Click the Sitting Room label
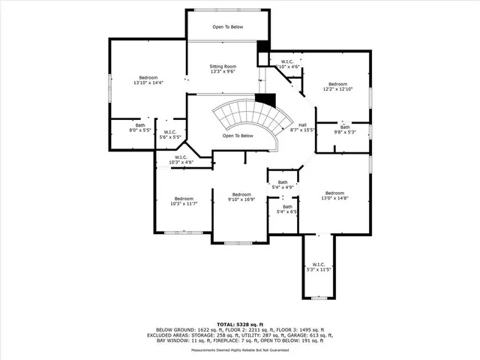[x=223, y=70]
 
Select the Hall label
[x=302, y=128]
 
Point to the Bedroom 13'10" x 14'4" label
[x=148, y=80]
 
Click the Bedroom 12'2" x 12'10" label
[x=337, y=87]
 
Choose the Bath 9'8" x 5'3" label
[x=345, y=130]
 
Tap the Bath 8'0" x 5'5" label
[x=140, y=127]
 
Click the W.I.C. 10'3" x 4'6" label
[x=181, y=160]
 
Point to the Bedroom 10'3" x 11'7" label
[x=184, y=201]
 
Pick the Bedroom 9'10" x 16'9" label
[x=241, y=196]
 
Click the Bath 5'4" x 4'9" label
[x=283, y=184]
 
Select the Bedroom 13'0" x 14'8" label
[x=334, y=195]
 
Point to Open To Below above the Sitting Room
[x=227, y=26]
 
